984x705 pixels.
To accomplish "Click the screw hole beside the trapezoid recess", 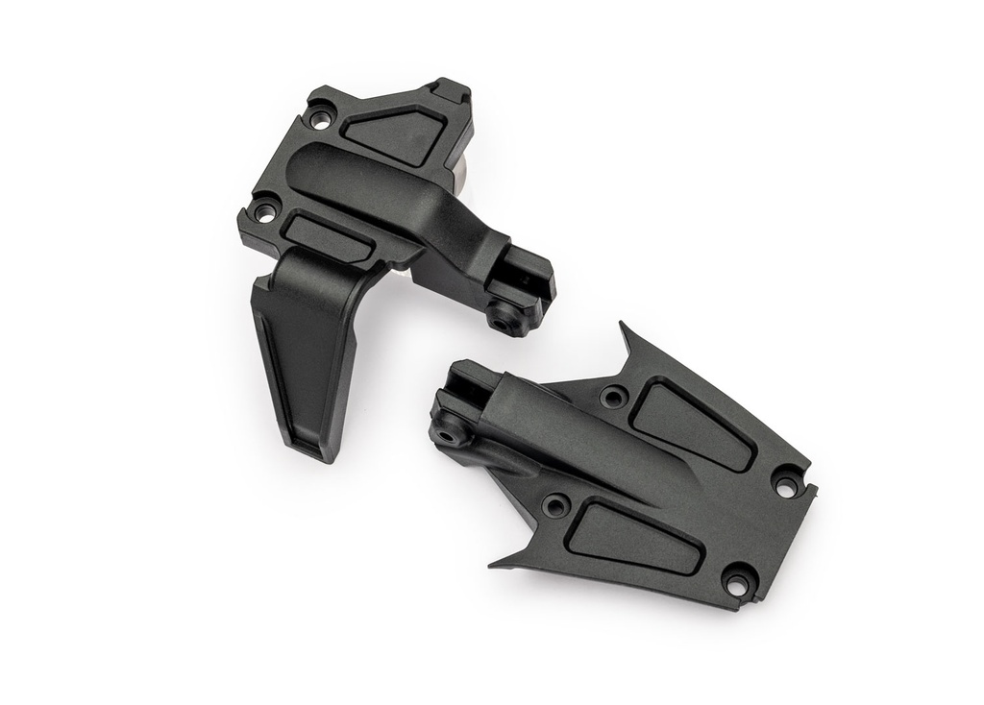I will [x=322, y=119].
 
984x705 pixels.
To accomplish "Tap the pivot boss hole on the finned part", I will [x=502, y=318].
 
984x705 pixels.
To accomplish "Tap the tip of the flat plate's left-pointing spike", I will [x=491, y=565].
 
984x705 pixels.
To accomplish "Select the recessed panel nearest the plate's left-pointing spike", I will [x=632, y=539].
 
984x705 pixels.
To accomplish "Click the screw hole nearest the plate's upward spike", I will [x=612, y=395].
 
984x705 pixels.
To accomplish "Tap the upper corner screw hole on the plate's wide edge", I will [x=787, y=485].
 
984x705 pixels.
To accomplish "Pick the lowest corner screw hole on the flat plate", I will [x=735, y=581].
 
